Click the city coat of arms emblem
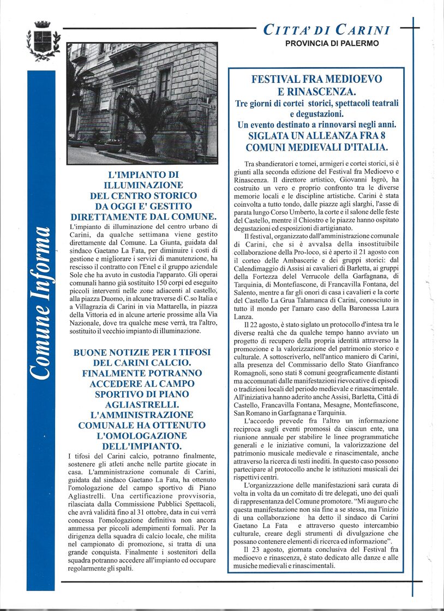43,40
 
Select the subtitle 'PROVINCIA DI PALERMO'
332,43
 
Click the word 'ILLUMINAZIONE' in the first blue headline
144,185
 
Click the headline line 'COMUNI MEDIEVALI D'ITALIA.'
317,147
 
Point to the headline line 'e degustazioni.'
317,113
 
